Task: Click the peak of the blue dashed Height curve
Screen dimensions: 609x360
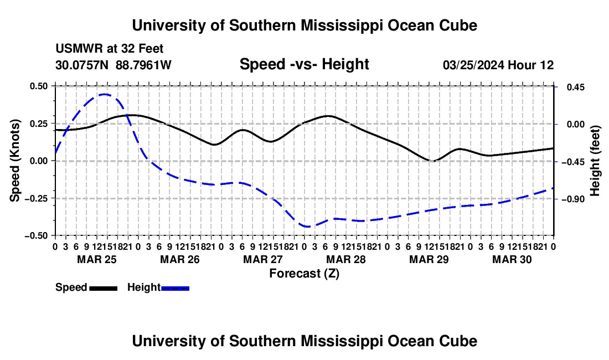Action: [104, 94]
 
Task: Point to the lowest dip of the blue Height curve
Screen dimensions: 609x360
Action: [307, 227]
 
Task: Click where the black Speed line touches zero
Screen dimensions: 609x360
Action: [432, 161]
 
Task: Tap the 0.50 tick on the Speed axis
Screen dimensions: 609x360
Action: [38, 86]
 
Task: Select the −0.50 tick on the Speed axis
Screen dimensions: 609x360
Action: [36, 236]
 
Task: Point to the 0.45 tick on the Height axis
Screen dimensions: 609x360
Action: [576, 88]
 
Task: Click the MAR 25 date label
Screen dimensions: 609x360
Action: [97, 259]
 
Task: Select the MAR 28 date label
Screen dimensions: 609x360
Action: [346, 259]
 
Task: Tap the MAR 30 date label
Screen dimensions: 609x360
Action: [512, 259]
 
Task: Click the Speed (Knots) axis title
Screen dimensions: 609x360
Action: [14, 161]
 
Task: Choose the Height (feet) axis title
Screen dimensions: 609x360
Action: [595, 161]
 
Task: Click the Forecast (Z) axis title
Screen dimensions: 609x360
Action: [304, 274]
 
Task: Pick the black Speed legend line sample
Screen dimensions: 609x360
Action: [104, 289]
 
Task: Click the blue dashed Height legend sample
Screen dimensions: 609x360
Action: [175, 289]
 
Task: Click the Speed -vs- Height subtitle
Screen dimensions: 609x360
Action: [304, 64]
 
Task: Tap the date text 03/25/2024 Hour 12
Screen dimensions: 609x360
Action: [498, 65]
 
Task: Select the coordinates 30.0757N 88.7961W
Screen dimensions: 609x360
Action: [113, 65]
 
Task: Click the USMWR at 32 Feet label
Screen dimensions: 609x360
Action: [110, 49]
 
